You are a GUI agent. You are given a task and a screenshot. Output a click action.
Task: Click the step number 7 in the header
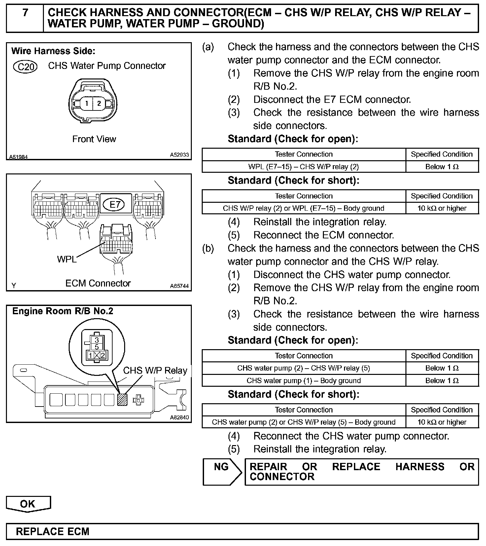point(25,13)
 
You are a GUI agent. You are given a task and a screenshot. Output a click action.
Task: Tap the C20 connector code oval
point(25,67)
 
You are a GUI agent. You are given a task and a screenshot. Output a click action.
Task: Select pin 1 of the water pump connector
point(87,104)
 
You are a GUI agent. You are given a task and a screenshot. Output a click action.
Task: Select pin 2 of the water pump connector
point(99,104)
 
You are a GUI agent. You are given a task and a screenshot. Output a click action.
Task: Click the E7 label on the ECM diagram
point(115,205)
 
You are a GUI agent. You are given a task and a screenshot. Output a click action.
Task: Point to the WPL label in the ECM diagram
point(67,259)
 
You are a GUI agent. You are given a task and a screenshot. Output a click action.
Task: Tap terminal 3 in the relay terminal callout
point(97,340)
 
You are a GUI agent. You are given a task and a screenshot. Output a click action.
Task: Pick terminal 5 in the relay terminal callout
point(97,347)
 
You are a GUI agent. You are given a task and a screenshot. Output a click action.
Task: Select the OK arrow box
point(28,504)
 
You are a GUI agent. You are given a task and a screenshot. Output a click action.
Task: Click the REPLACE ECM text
point(53,531)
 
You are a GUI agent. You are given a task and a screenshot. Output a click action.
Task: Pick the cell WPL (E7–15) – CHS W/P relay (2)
point(303,167)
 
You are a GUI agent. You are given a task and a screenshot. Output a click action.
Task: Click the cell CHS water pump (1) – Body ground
point(303,380)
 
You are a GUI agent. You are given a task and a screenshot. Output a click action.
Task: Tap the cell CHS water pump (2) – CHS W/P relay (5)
point(303,368)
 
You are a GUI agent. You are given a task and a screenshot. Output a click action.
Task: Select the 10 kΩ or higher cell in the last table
point(442,422)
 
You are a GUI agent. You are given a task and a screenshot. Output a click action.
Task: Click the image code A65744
point(179,286)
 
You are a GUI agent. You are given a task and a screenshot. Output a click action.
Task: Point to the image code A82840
point(179,417)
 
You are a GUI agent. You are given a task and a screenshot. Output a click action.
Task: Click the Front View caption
point(94,139)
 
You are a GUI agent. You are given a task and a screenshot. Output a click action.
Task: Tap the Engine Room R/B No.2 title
point(63,311)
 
